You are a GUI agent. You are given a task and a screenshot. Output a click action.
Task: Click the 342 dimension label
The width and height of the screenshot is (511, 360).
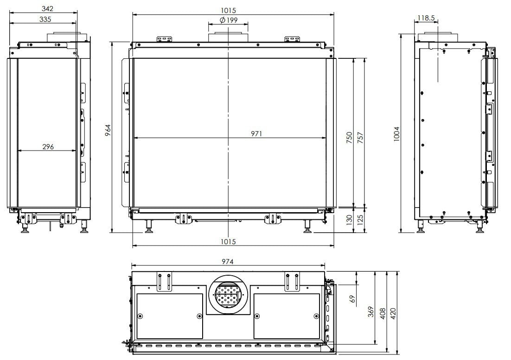[x=48, y=8]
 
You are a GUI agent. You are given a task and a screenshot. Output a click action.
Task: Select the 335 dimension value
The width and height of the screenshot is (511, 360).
[x=45, y=19]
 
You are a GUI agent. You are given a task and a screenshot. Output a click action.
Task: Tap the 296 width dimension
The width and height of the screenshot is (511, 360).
[x=48, y=147]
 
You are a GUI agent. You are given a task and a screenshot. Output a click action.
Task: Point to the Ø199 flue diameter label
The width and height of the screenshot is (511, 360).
[x=229, y=20]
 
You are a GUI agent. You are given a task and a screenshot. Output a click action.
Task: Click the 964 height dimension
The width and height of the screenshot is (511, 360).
[x=108, y=130]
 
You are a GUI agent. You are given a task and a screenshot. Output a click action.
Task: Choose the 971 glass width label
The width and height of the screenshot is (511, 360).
[x=256, y=134]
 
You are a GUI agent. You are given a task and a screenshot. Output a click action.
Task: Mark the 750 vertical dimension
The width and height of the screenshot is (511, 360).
[x=349, y=138]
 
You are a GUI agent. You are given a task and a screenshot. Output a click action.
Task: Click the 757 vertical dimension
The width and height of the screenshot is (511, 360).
[x=360, y=138]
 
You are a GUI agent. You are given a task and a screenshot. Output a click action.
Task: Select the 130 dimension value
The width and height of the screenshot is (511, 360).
[x=349, y=220]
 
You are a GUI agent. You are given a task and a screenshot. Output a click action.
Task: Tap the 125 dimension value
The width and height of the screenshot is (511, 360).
[x=360, y=220]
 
